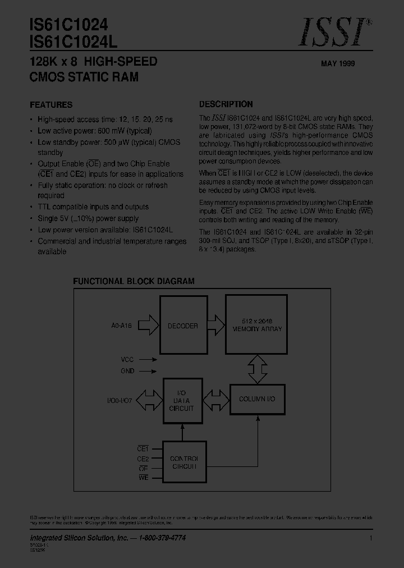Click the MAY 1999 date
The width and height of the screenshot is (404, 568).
(338, 64)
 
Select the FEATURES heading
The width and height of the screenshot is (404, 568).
(50, 105)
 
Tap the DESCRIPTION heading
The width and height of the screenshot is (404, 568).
(226, 104)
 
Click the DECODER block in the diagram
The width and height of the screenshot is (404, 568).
(183, 326)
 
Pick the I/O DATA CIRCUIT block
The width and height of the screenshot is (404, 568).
(181, 400)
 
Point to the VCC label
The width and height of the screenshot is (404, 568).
(127, 359)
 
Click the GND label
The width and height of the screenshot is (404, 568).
(127, 371)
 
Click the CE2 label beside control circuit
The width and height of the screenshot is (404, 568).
(143, 458)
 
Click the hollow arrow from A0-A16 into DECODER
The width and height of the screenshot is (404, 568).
(147, 325)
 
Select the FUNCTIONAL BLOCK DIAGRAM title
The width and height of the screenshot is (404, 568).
(134, 281)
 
